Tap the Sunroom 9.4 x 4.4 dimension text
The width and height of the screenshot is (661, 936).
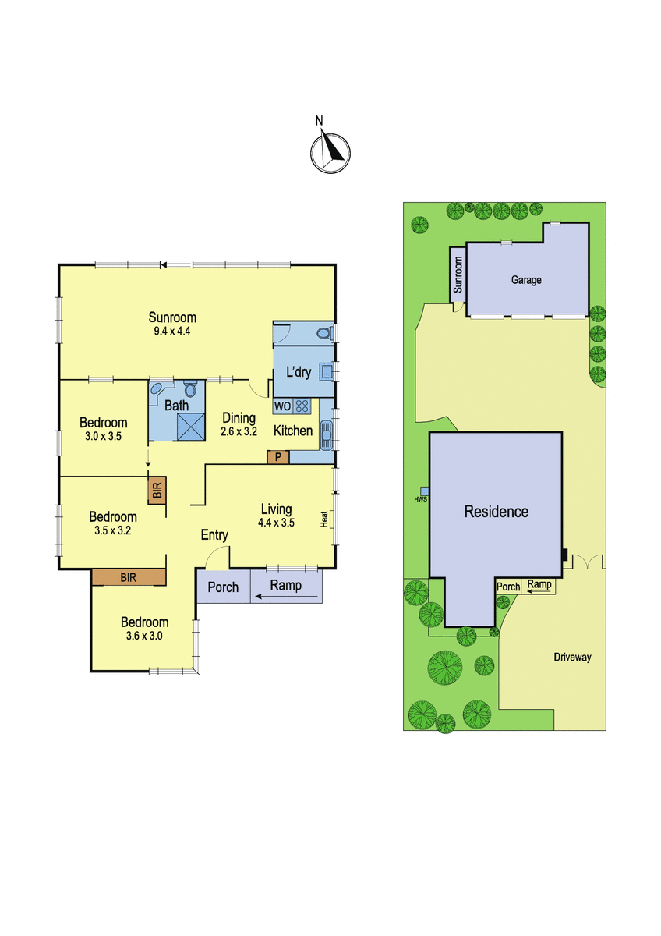point(172,331)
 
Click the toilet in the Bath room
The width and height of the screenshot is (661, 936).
point(190,389)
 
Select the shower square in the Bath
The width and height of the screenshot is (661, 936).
point(191,427)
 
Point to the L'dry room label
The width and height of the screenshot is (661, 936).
point(298,371)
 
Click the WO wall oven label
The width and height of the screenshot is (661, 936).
point(283,406)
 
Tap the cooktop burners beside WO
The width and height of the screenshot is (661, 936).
point(302,406)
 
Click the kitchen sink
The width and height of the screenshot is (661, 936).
point(326,435)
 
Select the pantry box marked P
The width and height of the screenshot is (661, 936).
point(278,457)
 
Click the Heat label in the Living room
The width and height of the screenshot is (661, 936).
point(324,519)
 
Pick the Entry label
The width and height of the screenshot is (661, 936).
point(214,535)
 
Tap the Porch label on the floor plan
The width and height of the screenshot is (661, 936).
point(223,587)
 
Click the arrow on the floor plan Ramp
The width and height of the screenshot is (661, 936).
point(286,597)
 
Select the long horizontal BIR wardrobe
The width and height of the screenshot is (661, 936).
point(129,577)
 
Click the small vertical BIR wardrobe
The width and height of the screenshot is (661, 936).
point(157,490)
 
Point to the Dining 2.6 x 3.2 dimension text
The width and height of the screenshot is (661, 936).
point(239,431)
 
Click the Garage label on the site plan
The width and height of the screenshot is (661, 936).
point(526,280)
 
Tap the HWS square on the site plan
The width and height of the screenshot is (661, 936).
point(424,491)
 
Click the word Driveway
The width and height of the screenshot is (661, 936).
point(572,658)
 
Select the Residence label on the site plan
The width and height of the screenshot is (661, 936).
point(497,512)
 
